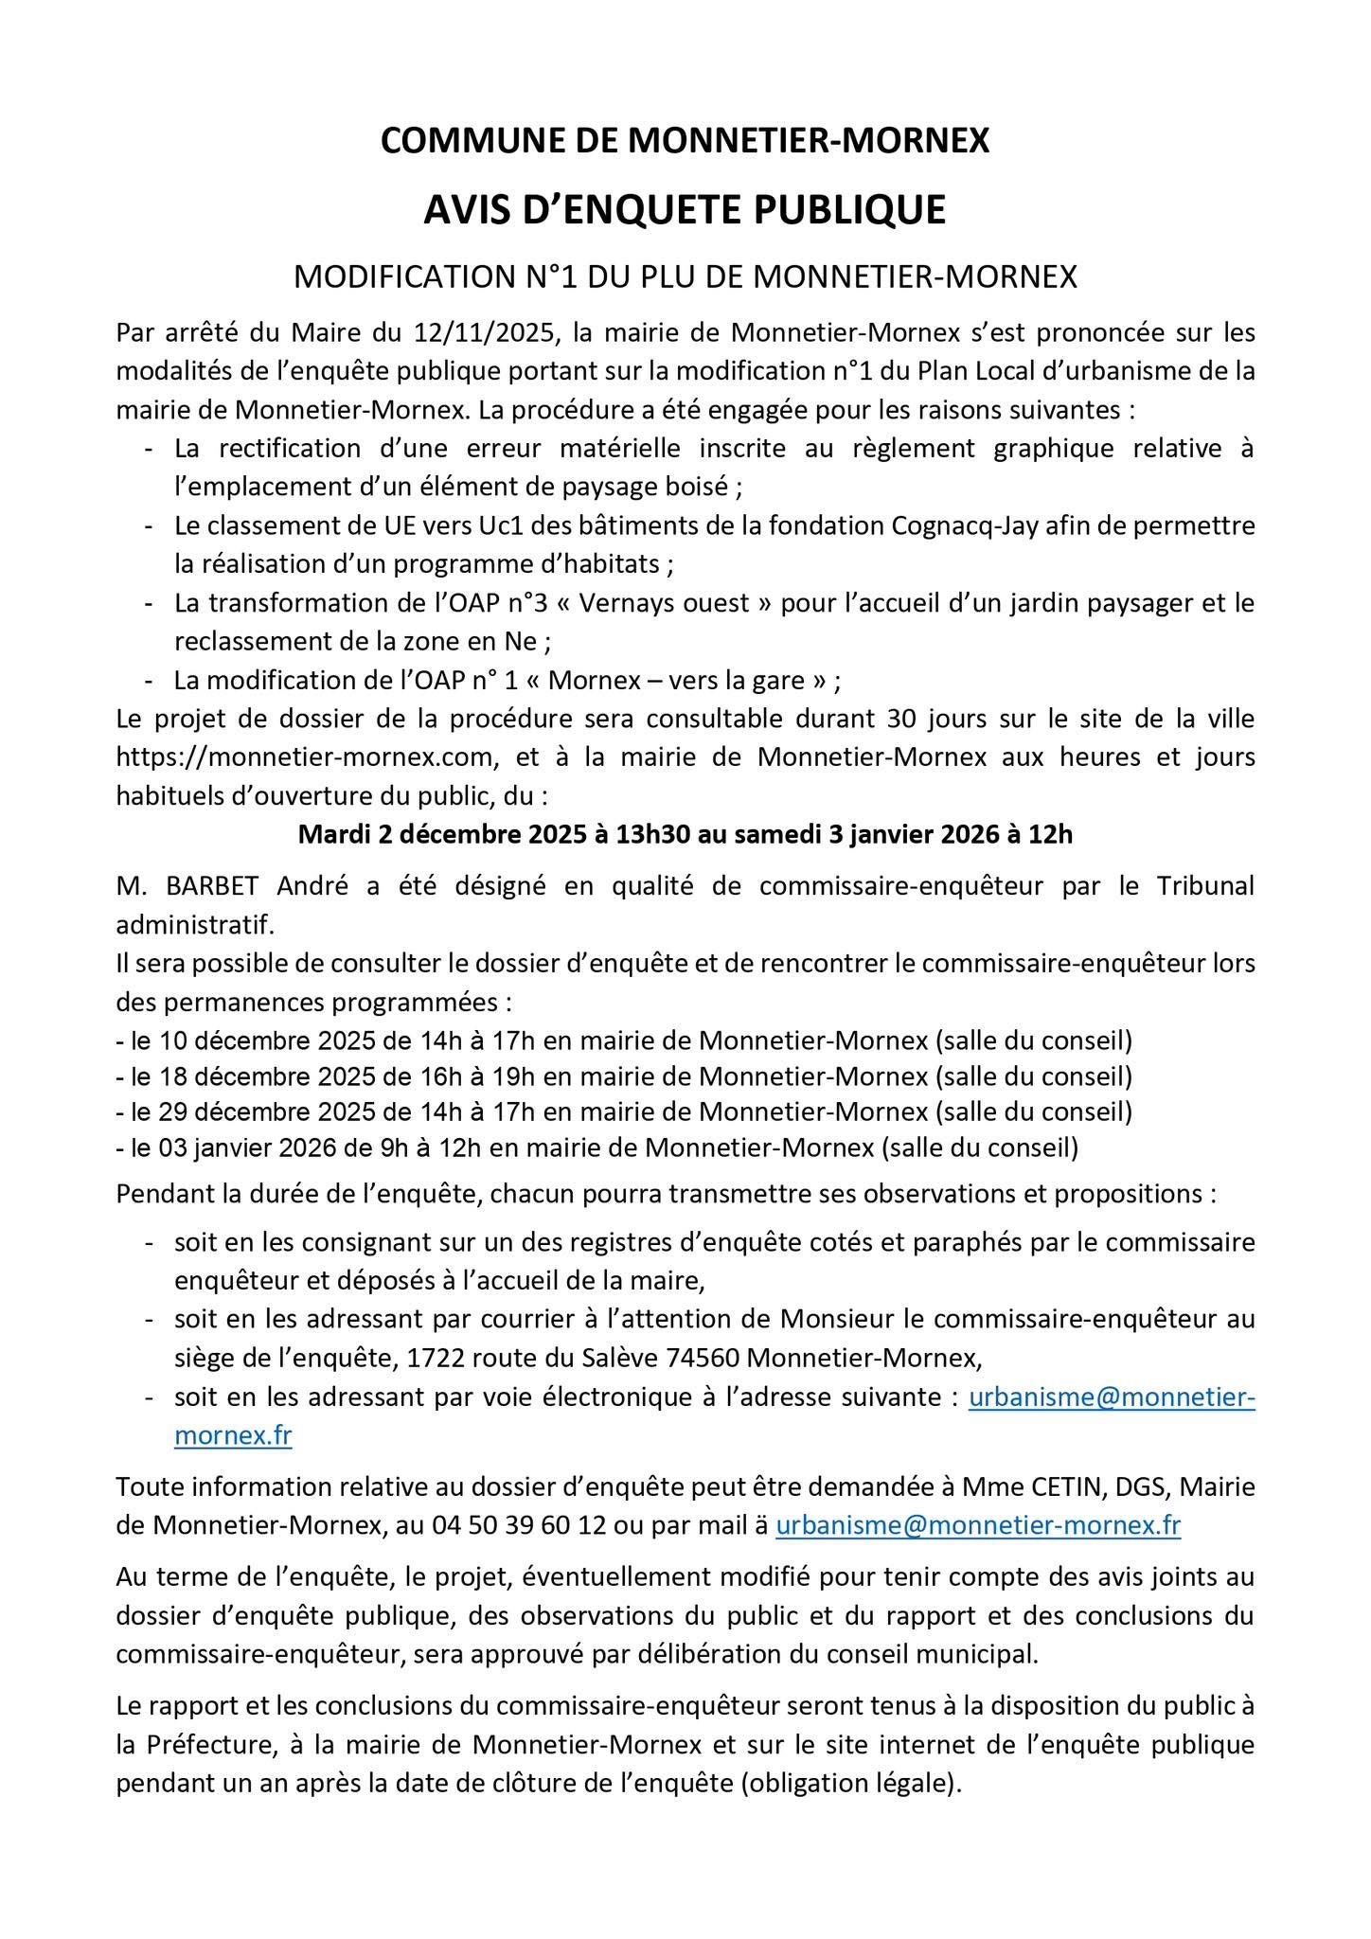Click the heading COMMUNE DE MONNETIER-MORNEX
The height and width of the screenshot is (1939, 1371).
[685, 141]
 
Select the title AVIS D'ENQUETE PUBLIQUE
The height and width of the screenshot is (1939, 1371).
[685, 209]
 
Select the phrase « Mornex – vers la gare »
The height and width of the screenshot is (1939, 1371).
[689, 681]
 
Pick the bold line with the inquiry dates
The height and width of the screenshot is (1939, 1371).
[685, 835]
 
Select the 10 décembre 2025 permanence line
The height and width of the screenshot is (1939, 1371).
[624, 1041]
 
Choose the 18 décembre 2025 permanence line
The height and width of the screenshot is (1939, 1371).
[624, 1076]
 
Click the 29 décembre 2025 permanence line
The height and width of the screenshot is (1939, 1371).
[624, 1112]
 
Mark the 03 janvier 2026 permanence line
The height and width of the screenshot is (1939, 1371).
[596, 1147]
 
